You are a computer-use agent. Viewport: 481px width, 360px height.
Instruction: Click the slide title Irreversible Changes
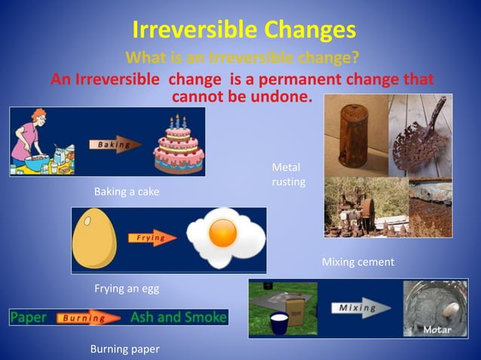244,29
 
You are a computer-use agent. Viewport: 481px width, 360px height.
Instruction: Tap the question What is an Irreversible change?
242,58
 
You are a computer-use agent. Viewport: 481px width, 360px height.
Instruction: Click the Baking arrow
113,144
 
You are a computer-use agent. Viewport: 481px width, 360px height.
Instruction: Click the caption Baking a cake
127,192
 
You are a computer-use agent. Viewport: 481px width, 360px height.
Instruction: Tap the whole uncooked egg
94,239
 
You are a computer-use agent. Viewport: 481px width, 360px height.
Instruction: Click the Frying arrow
154,238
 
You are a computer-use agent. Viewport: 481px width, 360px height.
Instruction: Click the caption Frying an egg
127,288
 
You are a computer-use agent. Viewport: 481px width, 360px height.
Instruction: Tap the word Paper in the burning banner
28,317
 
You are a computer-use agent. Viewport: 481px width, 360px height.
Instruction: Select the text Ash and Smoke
178,317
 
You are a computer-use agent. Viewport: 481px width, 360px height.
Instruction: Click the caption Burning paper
125,349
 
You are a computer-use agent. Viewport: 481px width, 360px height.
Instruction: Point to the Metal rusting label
287,174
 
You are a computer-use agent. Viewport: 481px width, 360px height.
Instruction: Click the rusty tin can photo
355,134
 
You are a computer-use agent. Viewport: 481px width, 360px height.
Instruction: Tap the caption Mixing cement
358,262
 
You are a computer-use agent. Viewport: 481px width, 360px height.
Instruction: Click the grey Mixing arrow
360,308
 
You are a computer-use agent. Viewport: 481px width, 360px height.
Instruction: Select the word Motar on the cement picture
437,330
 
